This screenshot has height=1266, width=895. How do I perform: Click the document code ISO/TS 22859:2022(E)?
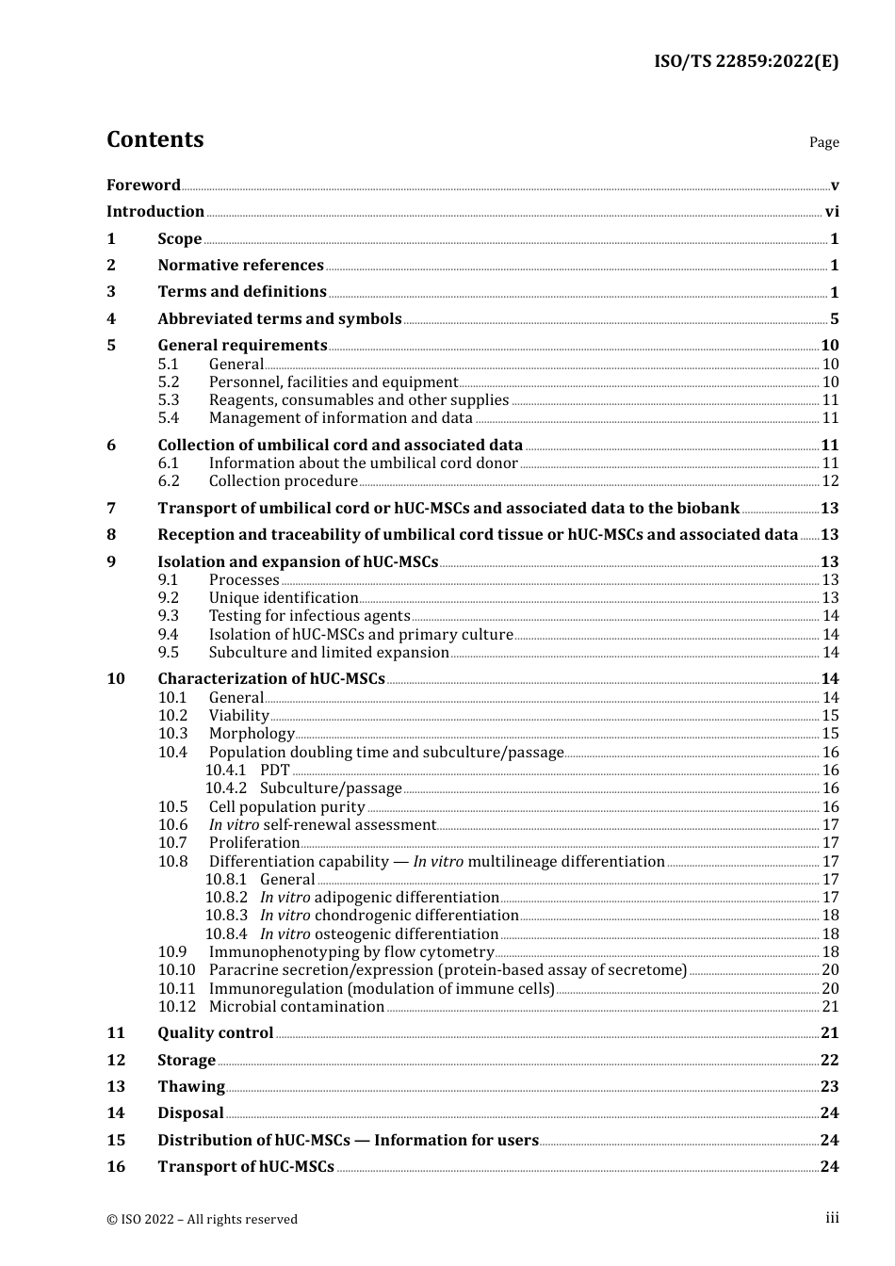(x=746, y=62)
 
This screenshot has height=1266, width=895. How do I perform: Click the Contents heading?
(x=155, y=139)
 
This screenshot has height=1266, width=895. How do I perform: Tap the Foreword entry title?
(x=143, y=185)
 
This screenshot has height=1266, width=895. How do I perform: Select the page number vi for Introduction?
(x=832, y=212)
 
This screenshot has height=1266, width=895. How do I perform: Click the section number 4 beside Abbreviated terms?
(x=111, y=319)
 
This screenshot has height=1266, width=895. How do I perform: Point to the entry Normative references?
(x=240, y=266)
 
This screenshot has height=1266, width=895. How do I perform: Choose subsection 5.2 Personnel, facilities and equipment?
(x=333, y=382)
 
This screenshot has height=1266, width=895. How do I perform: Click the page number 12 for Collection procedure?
(x=830, y=481)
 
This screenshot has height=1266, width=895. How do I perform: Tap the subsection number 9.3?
(x=168, y=616)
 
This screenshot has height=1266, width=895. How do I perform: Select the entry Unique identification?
(x=283, y=598)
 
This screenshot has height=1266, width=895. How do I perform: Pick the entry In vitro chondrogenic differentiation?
(x=388, y=916)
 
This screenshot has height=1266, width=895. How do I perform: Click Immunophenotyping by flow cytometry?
(x=350, y=952)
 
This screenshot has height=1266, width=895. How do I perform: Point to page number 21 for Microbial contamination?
(x=830, y=1007)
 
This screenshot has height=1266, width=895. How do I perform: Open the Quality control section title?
(x=215, y=1033)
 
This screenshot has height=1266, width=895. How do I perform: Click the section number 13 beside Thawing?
(x=115, y=1087)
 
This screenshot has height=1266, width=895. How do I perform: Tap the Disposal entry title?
(x=190, y=1113)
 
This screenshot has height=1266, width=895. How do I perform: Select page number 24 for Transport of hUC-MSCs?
(x=829, y=1167)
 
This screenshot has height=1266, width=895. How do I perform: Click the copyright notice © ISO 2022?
(x=202, y=1219)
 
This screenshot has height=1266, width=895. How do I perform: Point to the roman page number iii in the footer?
(x=832, y=1218)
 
